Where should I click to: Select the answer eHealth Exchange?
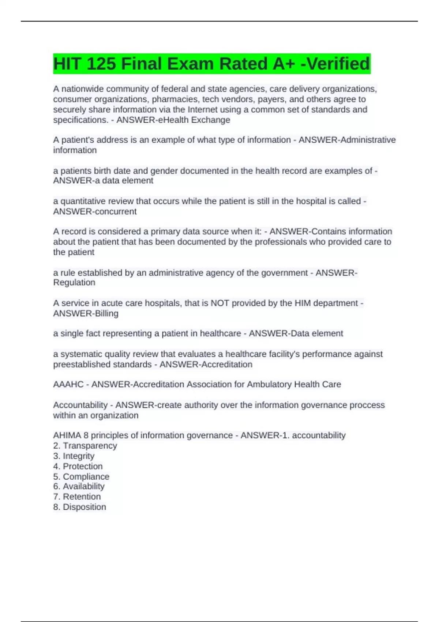pos(194,120)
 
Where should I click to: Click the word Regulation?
pos(74,283)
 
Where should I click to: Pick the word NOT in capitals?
pos(219,303)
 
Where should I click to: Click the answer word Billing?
pos(106,314)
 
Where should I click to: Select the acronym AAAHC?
pos(68,385)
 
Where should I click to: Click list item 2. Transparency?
pos(85,446)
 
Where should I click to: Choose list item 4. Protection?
pos(78,466)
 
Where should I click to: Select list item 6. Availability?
pos(79,487)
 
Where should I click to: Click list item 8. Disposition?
pos(80,507)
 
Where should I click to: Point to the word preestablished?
pos(102,364)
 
